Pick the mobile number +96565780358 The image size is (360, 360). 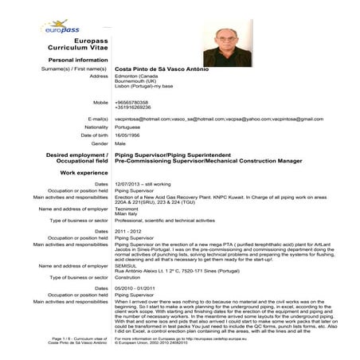click(132, 102)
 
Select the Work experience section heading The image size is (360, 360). click(84, 172)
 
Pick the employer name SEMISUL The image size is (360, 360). click(128, 264)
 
